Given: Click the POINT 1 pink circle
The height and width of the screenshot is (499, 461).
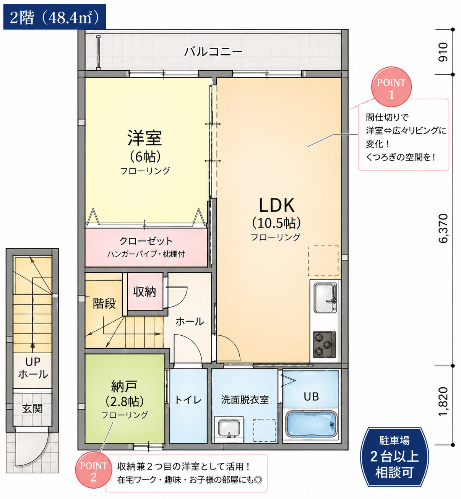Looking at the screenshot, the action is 391,87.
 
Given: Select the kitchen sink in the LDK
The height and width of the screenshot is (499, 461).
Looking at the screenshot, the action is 325,298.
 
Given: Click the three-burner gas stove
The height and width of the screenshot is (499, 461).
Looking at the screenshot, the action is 324,345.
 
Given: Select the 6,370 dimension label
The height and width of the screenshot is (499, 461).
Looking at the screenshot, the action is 443,228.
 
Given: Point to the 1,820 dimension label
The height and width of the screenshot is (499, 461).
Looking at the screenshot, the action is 443,401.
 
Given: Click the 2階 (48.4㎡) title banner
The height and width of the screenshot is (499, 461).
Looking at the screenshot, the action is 55,17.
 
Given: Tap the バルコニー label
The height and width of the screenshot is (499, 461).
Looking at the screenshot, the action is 213,52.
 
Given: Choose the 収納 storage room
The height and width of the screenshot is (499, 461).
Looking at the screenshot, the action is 145,291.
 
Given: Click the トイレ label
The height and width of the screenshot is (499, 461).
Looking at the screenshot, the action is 188,400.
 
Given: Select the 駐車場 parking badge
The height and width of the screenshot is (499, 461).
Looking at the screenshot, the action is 394,457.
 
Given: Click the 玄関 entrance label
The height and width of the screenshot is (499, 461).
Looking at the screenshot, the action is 32,409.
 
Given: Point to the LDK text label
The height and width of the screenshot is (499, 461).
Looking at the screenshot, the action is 276,206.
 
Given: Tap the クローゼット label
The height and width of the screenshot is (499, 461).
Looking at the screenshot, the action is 146,241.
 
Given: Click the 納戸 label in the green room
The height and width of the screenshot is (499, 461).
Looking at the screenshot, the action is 124,387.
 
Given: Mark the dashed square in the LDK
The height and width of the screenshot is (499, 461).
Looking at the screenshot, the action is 323,260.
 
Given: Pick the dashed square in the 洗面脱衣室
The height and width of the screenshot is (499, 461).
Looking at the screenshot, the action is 264,431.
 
